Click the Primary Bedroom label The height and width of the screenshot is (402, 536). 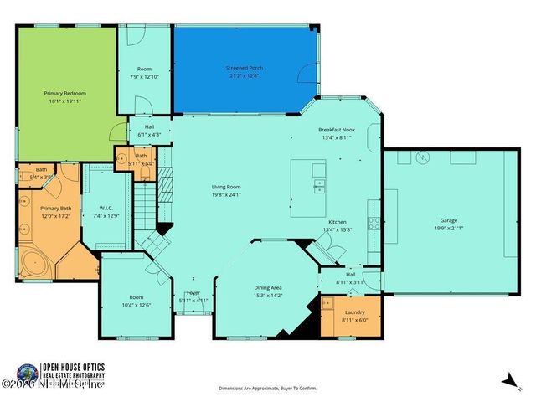[x=65, y=93]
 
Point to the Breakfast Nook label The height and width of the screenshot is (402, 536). [x=338, y=131]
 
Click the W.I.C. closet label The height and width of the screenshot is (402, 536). [x=106, y=209]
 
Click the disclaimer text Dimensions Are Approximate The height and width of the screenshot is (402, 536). [x=268, y=389]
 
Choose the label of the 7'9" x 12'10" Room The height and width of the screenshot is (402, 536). [x=144, y=71]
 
